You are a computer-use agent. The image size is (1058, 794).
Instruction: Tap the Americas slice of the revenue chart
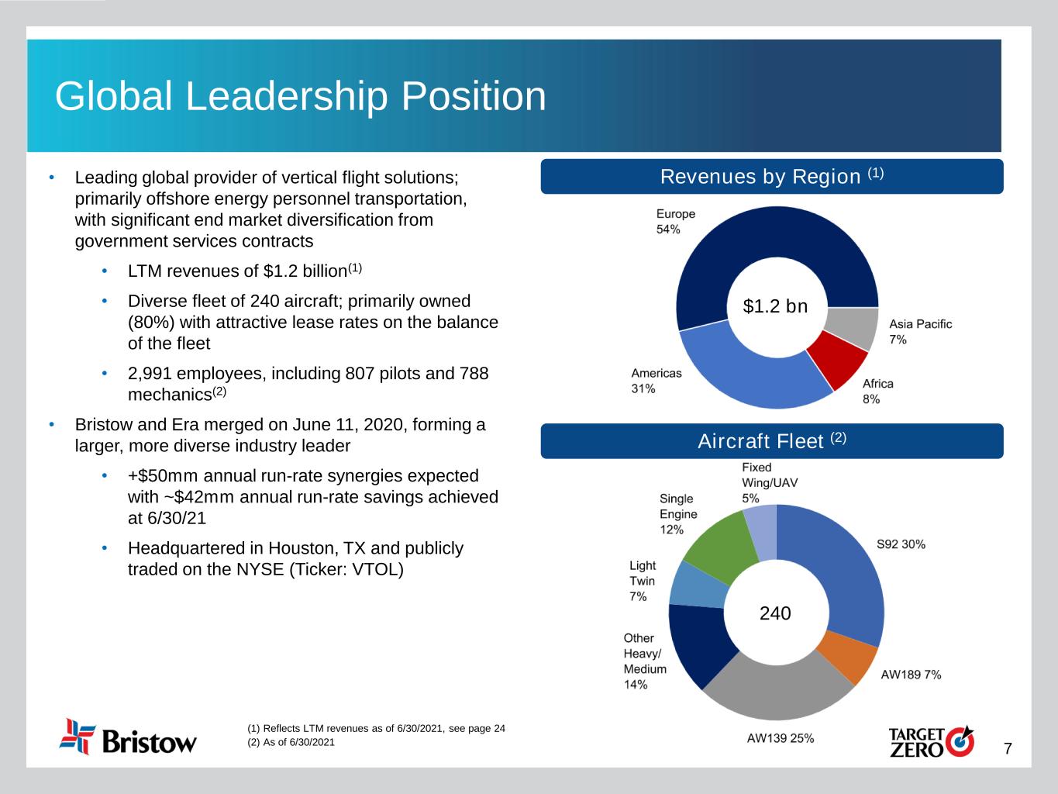[x=736, y=376]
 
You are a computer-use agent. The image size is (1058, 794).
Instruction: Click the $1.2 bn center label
[x=775, y=307]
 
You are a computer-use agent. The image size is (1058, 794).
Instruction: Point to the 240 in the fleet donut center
[x=775, y=613]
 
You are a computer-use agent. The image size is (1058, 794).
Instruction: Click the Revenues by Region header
[x=772, y=177]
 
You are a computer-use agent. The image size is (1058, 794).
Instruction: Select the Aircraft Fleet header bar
[x=772, y=441]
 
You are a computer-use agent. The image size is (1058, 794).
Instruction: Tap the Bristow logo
[x=129, y=737]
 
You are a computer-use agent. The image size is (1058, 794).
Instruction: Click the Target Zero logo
[x=931, y=741]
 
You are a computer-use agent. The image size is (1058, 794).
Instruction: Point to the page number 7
[x=1008, y=748]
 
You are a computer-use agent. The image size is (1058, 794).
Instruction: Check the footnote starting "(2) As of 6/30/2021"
[x=291, y=743]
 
